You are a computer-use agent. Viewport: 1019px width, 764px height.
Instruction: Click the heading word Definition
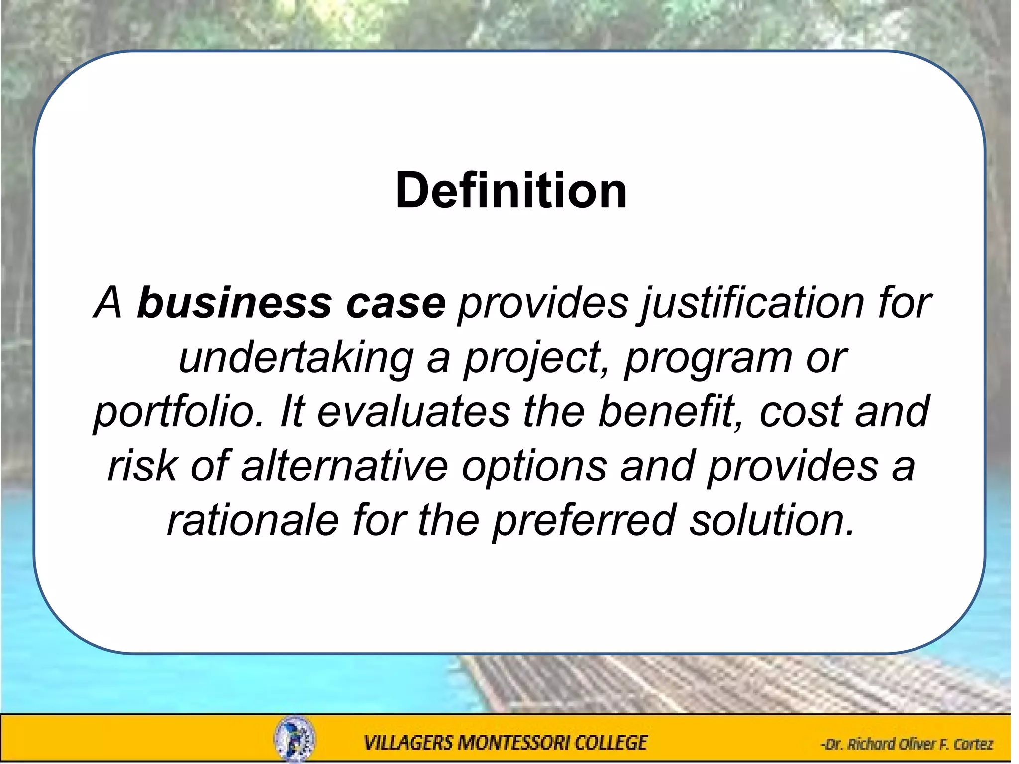point(511,191)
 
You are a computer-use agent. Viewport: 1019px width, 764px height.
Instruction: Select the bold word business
point(234,303)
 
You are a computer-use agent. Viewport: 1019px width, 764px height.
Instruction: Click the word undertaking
point(296,358)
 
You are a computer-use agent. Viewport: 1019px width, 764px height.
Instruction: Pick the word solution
point(772,520)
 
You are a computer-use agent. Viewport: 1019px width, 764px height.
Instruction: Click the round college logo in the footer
point(294,739)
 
